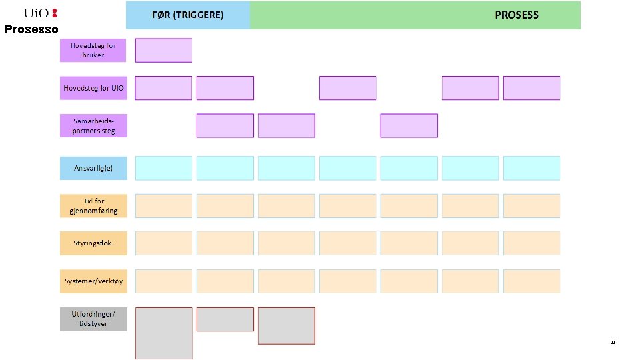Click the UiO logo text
[37, 13]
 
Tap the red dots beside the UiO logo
[55, 13]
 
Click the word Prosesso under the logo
[31, 29]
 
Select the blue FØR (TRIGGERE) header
[188, 15]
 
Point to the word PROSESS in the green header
[517, 15]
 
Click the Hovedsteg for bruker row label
[93, 50]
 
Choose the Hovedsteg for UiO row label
[93, 88]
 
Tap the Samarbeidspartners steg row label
[93, 126]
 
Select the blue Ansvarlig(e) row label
[93, 168]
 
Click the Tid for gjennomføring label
[93, 206]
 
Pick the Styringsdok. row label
[93, 243]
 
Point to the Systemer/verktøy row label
[93, 281]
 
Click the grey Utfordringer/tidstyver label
[93, 319]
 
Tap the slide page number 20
[612, 342]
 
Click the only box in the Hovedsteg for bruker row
[163, 50]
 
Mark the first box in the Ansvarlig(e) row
[163, 168]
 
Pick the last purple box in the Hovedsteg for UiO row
[531, 88]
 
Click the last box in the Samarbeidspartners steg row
[409, 126]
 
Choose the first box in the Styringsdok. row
[163, 243]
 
